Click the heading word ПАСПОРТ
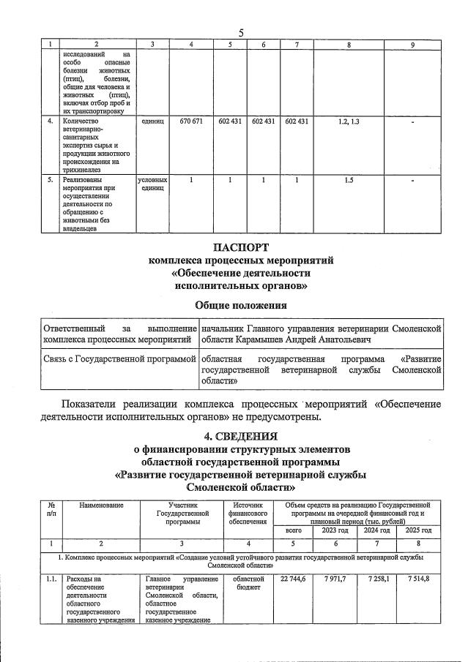point(241,247)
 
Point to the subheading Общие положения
point(241,304)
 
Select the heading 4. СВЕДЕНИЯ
point(241,437)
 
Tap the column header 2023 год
point(335,530)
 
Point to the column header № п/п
point(51,509)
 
